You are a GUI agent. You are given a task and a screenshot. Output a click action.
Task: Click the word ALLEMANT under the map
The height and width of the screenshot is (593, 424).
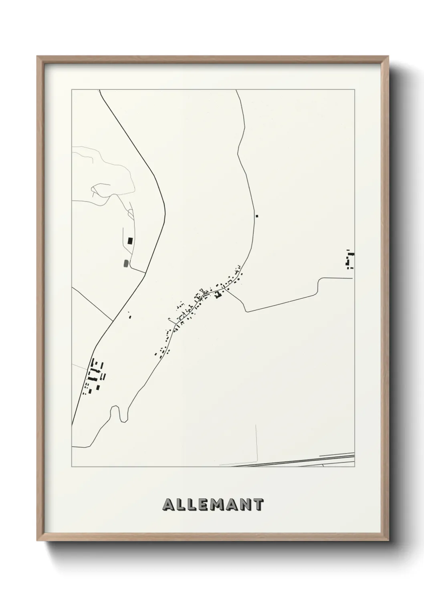coord(213,504)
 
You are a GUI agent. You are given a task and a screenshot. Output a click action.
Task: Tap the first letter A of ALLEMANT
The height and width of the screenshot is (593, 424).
coord(168,504)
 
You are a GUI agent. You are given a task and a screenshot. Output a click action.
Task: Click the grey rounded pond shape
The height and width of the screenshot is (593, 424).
coord(126,263)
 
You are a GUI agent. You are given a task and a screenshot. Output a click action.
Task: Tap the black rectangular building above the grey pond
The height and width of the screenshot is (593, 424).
coord(129,241)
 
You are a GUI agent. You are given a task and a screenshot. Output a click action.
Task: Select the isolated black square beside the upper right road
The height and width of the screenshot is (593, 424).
coord(257,216)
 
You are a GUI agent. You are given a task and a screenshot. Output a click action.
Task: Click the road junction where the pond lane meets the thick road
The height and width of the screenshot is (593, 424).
coord(145,272)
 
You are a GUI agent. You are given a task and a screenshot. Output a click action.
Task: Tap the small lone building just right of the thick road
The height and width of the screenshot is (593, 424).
coord(129,317)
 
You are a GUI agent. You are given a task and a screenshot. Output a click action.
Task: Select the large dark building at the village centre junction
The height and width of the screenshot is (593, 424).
coord(218,295)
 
